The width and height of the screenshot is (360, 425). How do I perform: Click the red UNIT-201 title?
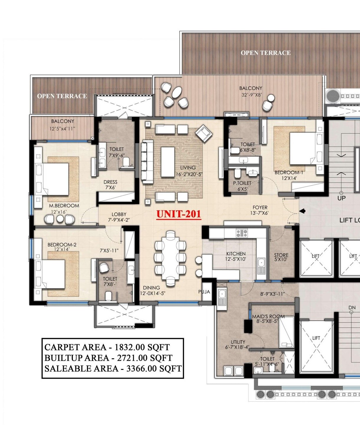point(179,214)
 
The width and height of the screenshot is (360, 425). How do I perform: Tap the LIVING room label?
point(188,168)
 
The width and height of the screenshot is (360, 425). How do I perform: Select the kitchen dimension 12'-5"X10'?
point(236,259)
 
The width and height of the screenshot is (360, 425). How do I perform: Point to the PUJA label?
point(204,292)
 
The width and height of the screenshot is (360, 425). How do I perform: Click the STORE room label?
point(281,255)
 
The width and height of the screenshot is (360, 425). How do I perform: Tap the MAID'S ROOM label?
point(268,316)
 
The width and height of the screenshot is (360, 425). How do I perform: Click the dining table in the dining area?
point(170,259)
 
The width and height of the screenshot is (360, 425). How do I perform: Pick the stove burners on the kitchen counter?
point(242,233)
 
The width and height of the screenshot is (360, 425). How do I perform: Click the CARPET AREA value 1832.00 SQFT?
point(142,347)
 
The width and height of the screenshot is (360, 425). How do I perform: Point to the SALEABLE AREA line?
point(113,368)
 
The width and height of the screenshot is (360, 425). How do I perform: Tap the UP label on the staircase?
point(341,198)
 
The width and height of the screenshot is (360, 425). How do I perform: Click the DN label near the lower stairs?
point(352,308)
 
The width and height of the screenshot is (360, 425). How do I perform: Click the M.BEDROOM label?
point(64,206)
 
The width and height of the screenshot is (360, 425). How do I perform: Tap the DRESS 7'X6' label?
point(111,185)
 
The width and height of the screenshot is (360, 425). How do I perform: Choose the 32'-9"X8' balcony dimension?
point(251,95)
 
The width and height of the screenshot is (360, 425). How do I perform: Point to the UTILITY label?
point(238,342)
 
